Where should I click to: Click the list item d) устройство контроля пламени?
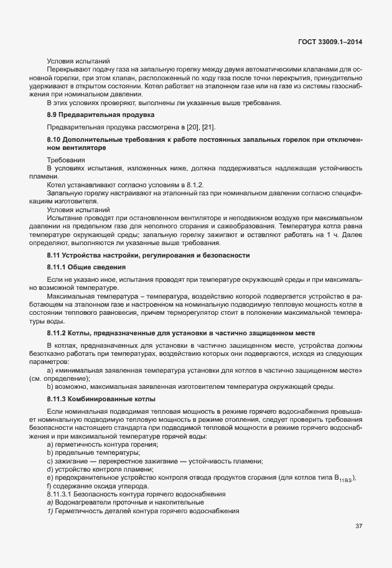[x=101, y=469]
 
